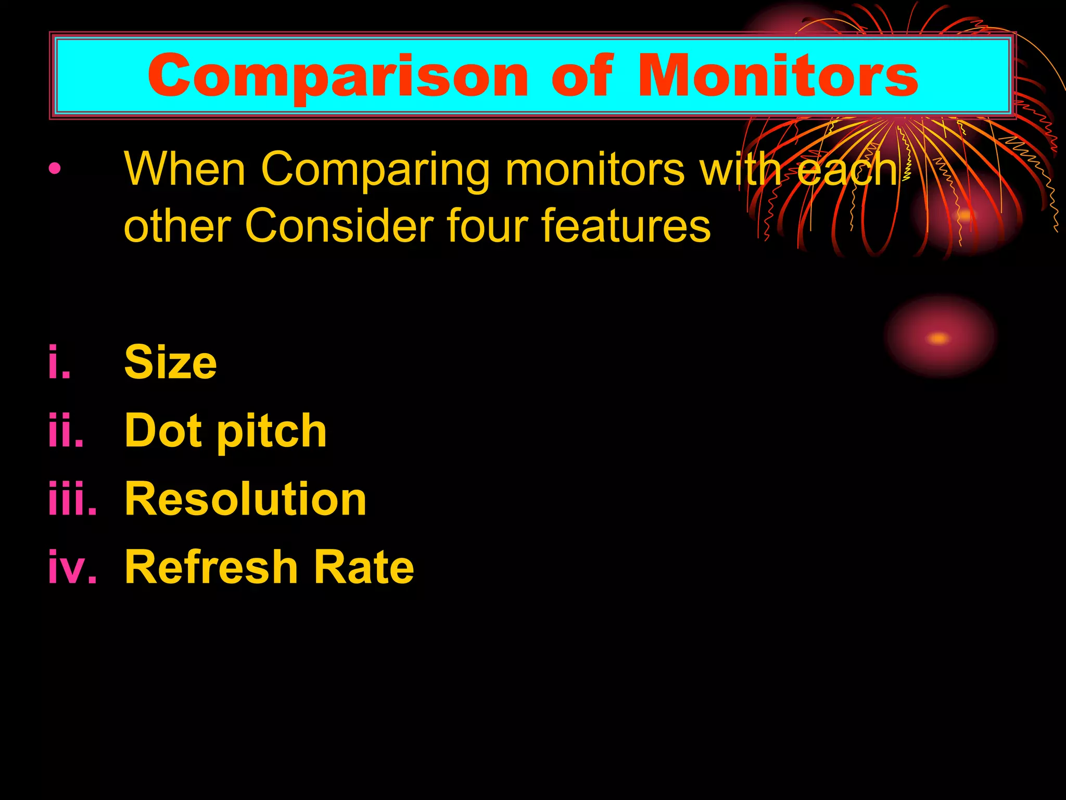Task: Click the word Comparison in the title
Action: click(x=337, y=77)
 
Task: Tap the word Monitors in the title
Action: click(x=778, y=76)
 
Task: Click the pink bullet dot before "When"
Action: click(x=55, y=169)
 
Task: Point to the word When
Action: click(x=185, y=169)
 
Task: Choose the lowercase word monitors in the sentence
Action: click(x=594, y=170)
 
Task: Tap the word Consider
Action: click(x=339, y=226)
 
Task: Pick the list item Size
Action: click(x=170, y=362)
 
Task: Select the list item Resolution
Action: click(x=246, y=499)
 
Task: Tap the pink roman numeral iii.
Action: click(x=72, y=499)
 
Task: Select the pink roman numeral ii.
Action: click(x=66, y=431)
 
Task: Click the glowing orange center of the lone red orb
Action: click(x=938, y=339)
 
